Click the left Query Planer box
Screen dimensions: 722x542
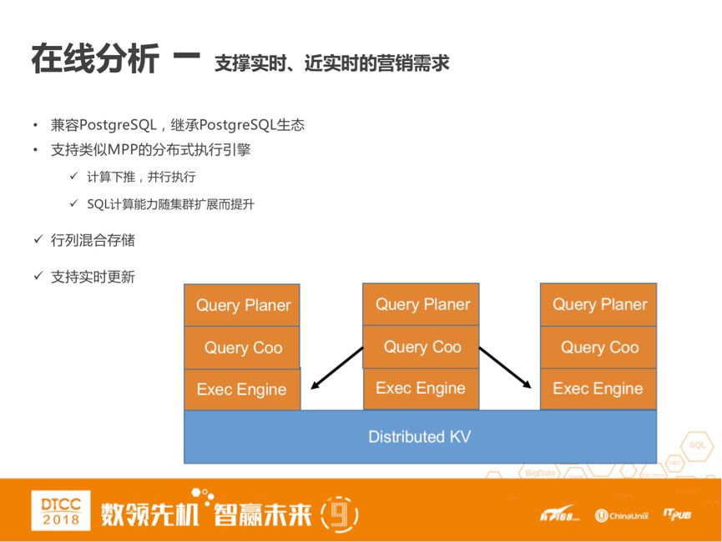pos(242,305)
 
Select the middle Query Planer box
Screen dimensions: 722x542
pos(421,304)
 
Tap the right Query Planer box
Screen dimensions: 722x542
pos(598,304)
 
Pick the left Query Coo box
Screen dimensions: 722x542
pos(242,348)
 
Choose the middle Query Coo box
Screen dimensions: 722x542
pos(421,347)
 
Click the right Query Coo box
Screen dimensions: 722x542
pos(598,347)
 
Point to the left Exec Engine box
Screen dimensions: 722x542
pos(242,389)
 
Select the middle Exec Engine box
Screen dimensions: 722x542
pos(421,388)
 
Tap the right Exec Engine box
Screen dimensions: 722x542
pos(598,389)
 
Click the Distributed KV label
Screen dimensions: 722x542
pos(419,436)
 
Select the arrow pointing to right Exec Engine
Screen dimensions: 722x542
pos(506,368)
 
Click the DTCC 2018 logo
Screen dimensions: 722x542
pos(61,509)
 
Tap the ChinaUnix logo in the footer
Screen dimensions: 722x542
pos(622,515)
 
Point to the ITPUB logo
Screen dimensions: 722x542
pos(677,514)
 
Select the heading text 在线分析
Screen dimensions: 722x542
pos(94,61)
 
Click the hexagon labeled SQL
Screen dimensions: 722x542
pos(697,445)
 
